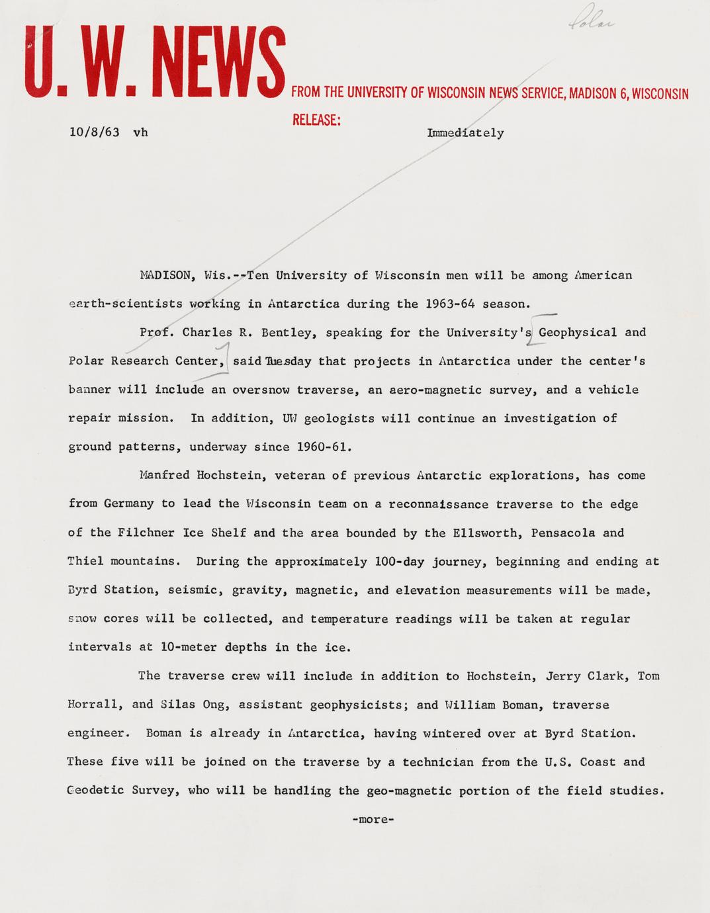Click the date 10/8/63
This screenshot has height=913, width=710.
click(x=95, y=132)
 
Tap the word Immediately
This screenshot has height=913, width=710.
click(x=465, y=133)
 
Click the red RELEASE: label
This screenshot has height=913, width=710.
click(x=316, y=120)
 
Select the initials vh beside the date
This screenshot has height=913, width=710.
click(x=140, y=132)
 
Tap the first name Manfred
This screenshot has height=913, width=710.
click(x=165, y=475)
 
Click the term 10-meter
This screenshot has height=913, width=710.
click(x=189, y=647)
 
